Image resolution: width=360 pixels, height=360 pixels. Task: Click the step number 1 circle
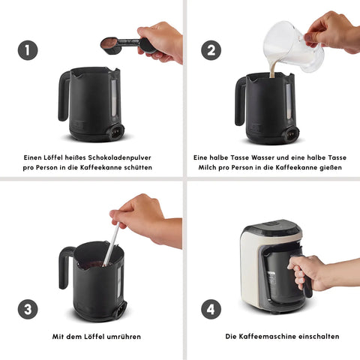click(28, 50)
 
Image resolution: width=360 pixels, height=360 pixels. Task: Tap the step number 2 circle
click(211, 50)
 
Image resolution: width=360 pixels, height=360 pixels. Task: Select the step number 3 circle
click(28, 309)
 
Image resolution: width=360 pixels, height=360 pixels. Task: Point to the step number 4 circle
click(211, 309)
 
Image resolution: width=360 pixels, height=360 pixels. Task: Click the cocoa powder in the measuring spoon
click(109, 43)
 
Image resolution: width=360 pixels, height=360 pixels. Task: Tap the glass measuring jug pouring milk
click(294, 46)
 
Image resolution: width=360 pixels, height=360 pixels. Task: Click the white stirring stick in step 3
click(111, 244)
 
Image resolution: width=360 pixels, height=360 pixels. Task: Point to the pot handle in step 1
click(64, 96)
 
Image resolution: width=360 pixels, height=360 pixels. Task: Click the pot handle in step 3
click(64, 268)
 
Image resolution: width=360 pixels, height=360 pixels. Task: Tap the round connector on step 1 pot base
click(116, 131)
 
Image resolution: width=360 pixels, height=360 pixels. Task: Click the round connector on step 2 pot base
click(292, 133)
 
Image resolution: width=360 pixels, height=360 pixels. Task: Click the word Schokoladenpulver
click(119, 157)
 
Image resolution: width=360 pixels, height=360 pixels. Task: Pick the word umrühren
click(124, 337)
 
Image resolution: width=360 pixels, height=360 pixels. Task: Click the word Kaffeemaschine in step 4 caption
click(266, 336)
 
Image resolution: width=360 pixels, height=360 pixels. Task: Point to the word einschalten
click(319, 336)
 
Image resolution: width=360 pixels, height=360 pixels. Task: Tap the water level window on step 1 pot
click(114, 98)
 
